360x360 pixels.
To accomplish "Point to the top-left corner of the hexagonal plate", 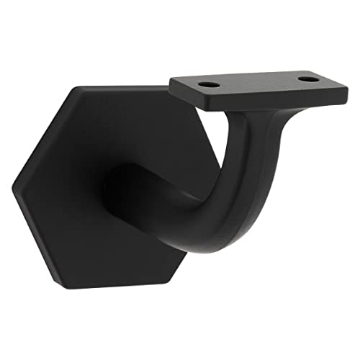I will point(73,87).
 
